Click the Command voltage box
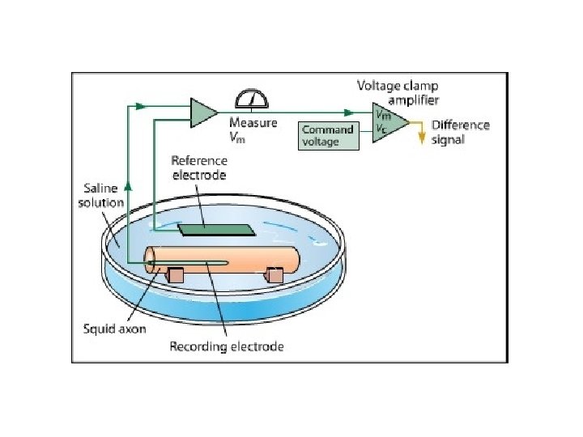[x=328, y=136]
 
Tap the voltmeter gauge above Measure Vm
[x=251, y=100]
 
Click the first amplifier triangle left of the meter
[x=202, y=112]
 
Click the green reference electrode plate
[x=215, y=229]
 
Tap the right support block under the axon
[x=274, y=276]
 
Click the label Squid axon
[x=116, y=329]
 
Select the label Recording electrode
[x=226, y=347]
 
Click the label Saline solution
[x=100, y=195]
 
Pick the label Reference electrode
[x=199, y=168]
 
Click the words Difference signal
[x=460, y=132]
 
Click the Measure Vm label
[x=253, y=129]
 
